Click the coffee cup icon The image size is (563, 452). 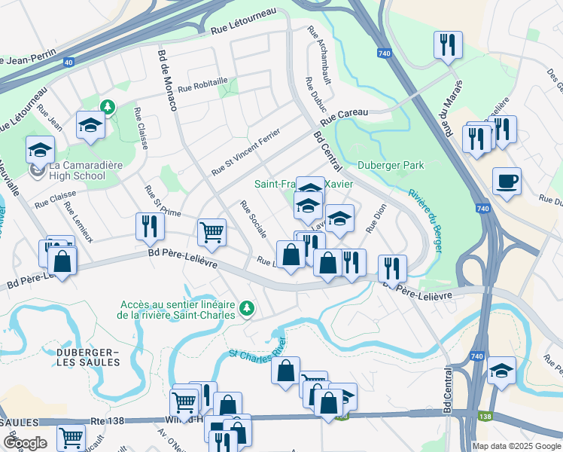(507, 182)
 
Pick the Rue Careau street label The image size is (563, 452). (344, 118)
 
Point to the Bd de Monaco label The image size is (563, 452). (167, 80)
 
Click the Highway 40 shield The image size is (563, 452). (68, 63)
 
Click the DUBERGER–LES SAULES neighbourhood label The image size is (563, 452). (87, 357)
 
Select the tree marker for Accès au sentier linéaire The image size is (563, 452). (245, 308)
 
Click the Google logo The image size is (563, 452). (24, 442)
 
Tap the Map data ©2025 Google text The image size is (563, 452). (516, 446)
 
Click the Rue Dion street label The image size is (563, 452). (376, 218)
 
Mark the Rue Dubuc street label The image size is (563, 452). (312, 97)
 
